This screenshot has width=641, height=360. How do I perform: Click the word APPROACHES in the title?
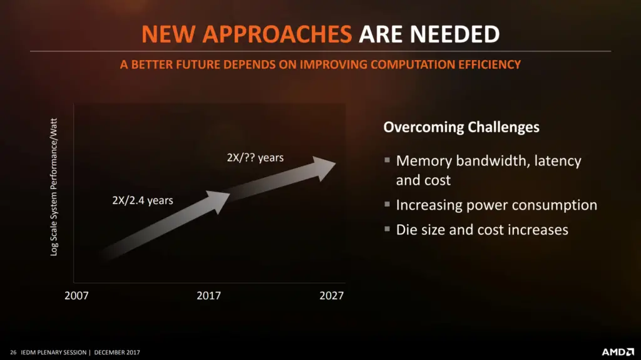click(x=277, y=34)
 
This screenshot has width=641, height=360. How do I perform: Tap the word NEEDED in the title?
click(x=454, y=34)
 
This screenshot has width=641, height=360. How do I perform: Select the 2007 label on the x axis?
click(x=76, y=296)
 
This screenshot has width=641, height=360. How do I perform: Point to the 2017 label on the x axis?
click(x=208, y=296)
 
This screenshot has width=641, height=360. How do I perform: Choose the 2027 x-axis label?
click(x=332, y=296)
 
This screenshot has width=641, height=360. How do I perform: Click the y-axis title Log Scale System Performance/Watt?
click(x=54, y=187)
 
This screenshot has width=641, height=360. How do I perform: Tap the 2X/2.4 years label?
click(x=143, y=200)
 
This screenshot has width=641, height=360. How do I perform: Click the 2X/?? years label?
click(x=255, y=158)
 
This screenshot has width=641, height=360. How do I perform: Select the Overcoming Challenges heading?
click(x=461, y=127)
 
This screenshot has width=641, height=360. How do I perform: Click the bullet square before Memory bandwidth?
click(x=387, y=160)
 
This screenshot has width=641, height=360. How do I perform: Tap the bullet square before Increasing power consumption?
click(x=387, y=204)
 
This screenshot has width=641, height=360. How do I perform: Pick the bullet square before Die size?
click(x=387, y=229)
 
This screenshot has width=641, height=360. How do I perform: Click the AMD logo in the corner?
click(x=618, y=352)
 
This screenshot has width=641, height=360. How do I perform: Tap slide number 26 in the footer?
click(x=13, y=352)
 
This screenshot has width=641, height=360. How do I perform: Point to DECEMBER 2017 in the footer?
click(x=117, y=352)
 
